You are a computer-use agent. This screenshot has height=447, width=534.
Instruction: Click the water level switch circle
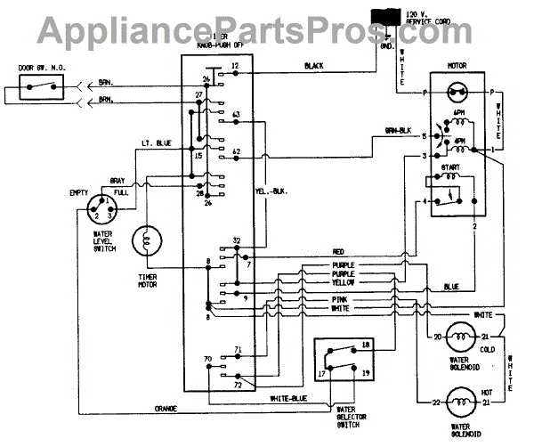tap(101, 213)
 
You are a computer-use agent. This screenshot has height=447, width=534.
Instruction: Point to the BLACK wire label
tap(313, 67)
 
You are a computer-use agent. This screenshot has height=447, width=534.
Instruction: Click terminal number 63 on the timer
tap(236, 117)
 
